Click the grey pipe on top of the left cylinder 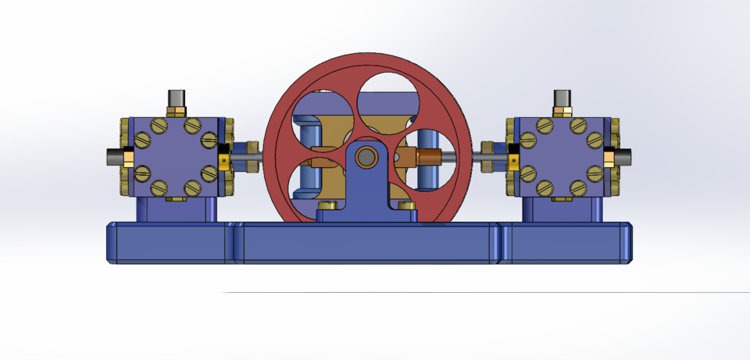[x=177, y=98]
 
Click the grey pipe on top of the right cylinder [x=562, y=98]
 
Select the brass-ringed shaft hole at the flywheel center [x=366, y=158]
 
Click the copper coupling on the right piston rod [x=429, y=156]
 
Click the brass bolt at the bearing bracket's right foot [x=405, y=205]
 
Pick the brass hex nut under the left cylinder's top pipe [x=177, y=112]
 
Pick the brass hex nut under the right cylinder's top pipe [x=562, y=112]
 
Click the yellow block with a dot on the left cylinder [x=224, y=162]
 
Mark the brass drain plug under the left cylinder [x=177, y=198]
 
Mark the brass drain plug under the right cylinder [x=562, y=198]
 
